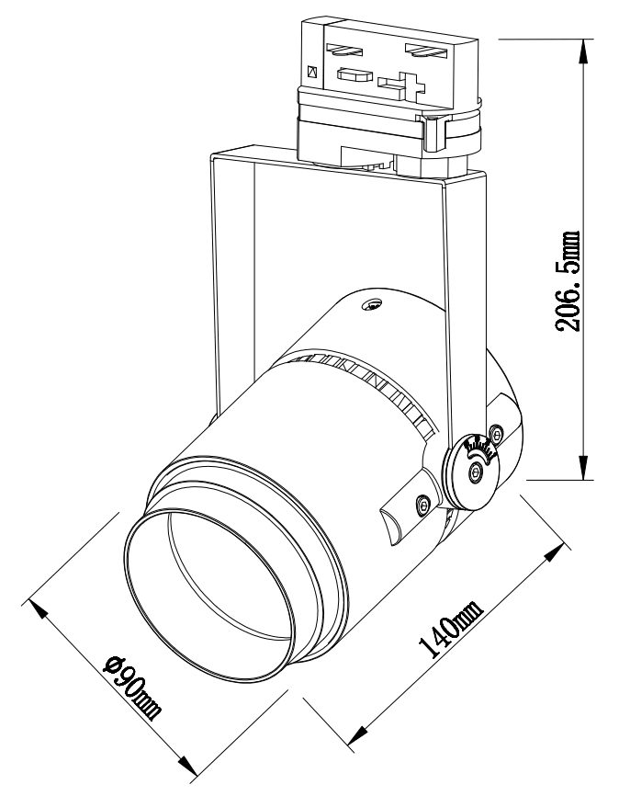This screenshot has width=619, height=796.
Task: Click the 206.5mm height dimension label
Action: pos(568,281)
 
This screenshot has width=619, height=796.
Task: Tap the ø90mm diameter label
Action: pos(132,688)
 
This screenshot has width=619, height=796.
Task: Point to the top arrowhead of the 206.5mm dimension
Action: pos(584,51)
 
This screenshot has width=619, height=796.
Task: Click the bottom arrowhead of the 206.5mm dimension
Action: pos(584,468)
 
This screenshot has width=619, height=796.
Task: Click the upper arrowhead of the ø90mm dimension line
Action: pos(39,608)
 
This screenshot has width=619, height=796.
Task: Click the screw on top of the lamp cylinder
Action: pos(372,304)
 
